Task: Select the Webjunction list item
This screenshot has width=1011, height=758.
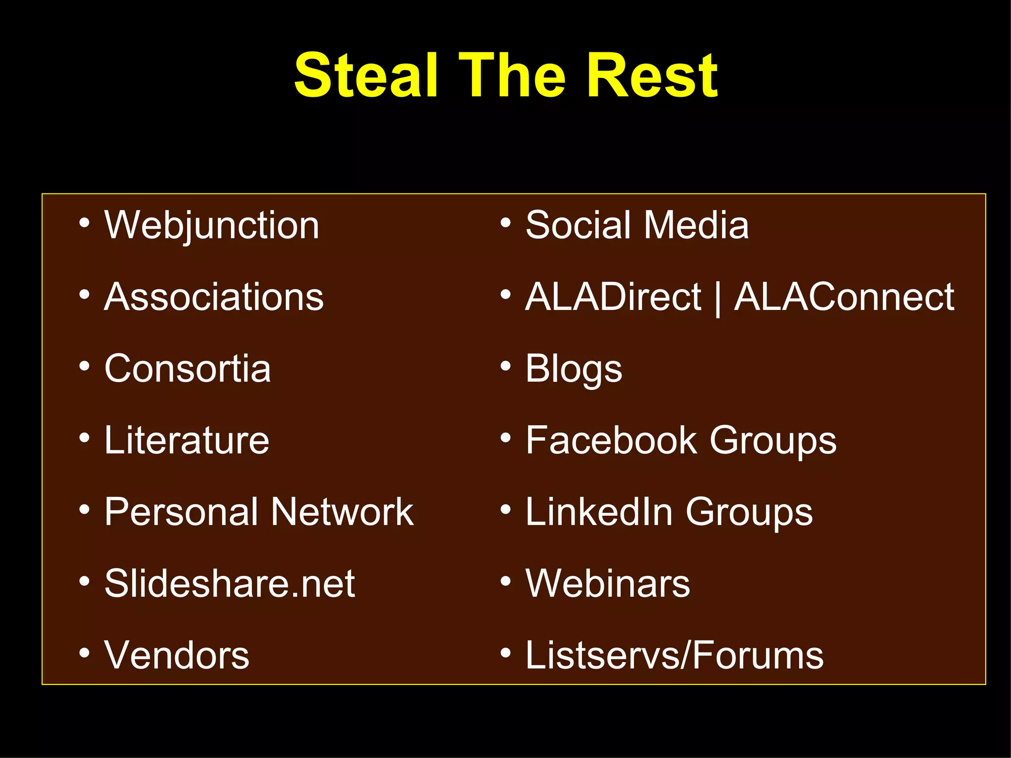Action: point(212,226)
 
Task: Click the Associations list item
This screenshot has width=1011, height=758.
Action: point(214,297)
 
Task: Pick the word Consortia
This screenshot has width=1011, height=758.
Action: point(188,369)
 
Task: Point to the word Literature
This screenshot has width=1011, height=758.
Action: point(187,440)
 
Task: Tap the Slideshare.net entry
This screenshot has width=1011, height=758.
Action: point(230,583)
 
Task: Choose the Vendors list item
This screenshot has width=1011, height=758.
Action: point(177,655)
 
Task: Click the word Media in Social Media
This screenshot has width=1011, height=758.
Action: point(696,226)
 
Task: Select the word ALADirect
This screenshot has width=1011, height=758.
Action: point(613,297)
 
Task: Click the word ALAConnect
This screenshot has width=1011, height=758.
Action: point(844,297)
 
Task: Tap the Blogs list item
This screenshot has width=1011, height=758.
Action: point(574,370)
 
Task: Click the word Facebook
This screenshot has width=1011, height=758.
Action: point(612,440)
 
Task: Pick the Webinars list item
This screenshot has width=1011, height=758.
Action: point(608,583)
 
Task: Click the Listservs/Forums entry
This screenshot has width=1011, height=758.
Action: point(674,655)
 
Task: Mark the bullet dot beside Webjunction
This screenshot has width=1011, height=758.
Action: point(84,224)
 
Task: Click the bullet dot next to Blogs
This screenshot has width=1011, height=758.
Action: point(505,367)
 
